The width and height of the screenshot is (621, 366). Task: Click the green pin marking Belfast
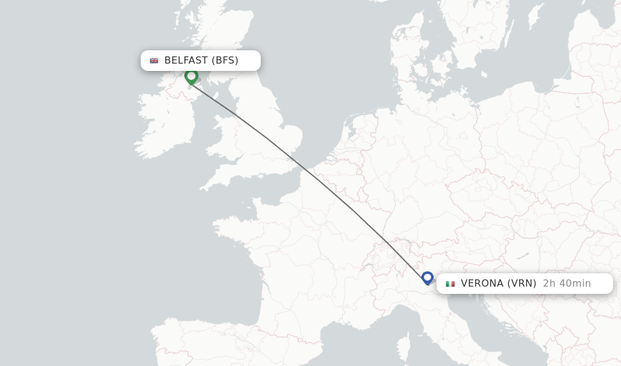click(192, 76)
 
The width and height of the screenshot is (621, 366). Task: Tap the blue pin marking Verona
click(428, 278)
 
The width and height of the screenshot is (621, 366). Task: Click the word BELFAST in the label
click(186, 61)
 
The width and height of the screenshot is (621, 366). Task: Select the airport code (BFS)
click(225, 61)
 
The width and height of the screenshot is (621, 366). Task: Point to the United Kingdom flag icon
click(154, 61)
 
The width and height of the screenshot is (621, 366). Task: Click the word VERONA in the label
click(482, 284)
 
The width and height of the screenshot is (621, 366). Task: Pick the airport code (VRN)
click(522, 284)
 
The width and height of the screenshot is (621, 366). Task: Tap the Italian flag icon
click(450, 284)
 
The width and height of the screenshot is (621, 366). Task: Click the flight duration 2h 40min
click(566, 284)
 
